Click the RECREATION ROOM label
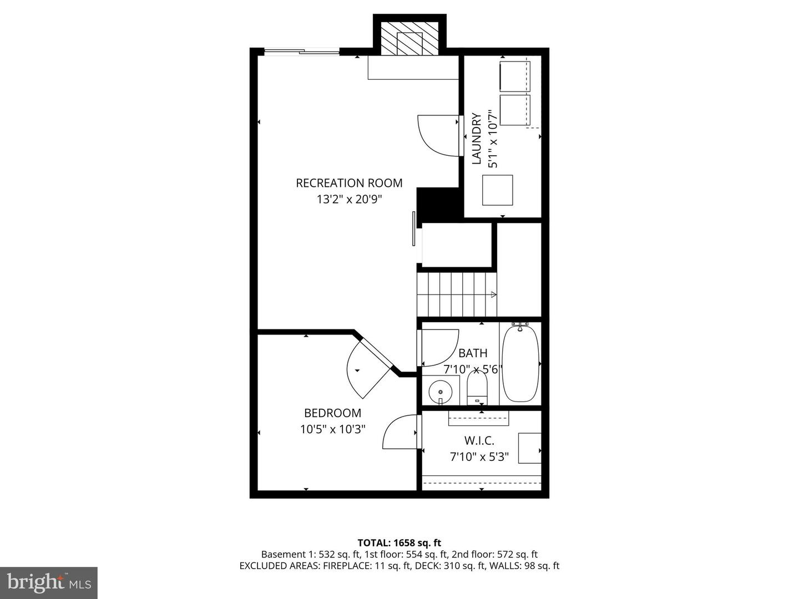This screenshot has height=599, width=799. pyautogui.click(x=349, y=183)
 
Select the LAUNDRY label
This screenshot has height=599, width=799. pyautogui.click(x=476, y=139)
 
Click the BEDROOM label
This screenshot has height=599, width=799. pyautogui.click(x=332, y=413)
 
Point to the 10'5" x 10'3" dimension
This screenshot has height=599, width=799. pyautogui.click(x=332, y=429)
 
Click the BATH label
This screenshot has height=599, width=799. pyautogui.click(x=473, y=353)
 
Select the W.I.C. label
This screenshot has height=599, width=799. pyautogui.click(x=479, y=441)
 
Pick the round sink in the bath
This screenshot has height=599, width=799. pyautogui.click(x=441, y=391)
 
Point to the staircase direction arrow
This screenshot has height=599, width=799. pyautogui.click(x=492, y=295)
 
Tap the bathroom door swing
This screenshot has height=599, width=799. pyautogui.click(x=438, y=347)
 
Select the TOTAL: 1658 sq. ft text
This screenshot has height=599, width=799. pyautogui.click(x=399, y=543)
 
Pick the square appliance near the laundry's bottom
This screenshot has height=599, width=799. pyautogui.click(x=497, y=190)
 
